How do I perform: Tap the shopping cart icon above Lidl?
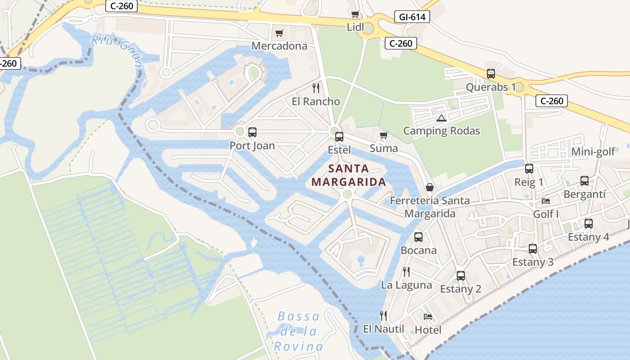tap(355, 14)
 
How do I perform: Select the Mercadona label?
tap(279, 46)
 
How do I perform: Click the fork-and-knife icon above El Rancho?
tap(316, 87)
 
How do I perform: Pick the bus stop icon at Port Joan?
tap(252, 132)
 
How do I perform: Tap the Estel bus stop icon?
tap(339, 137)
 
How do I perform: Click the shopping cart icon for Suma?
tap(383, 135)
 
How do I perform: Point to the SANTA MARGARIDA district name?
tap(349, 175)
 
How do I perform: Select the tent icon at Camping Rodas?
tap(441, 118)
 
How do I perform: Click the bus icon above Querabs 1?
tap(491, 74)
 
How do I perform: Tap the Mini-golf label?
tap(593, 152)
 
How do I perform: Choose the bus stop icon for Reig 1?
tap(529, 169)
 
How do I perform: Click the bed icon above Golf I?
tap(546, 201)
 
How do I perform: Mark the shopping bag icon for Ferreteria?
tap(430, 187)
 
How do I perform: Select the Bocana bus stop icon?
tap(418, 237)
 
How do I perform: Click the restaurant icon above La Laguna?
tap(406, 272)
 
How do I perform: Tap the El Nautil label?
tap(384, 329)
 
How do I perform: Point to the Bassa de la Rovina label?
tap(299, 331)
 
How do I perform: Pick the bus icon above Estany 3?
tap(533, 248)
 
